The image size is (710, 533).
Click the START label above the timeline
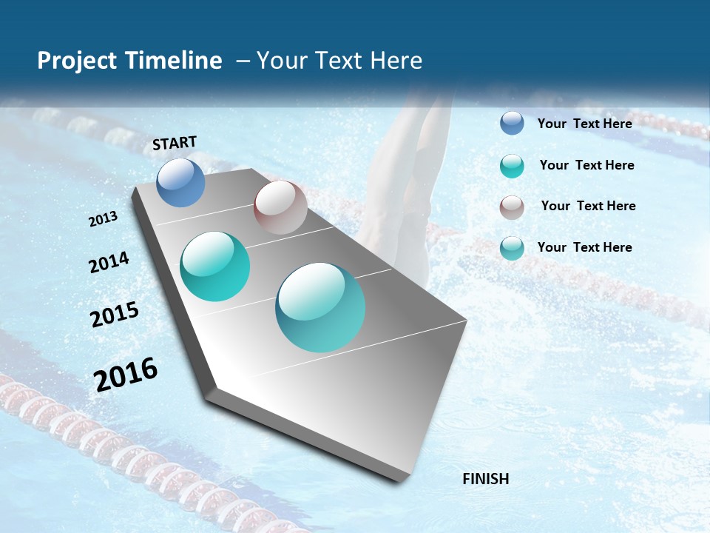[175, 143]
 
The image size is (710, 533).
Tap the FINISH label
[486, 479]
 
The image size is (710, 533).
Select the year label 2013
[104, 219]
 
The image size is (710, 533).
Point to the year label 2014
[109, 263]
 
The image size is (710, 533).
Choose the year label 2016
[126, 375]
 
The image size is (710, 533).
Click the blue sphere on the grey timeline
[180, 182]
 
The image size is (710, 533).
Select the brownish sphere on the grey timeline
[280, 207]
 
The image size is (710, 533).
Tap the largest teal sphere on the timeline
[320, 307]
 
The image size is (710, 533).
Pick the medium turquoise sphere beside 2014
[214, 266]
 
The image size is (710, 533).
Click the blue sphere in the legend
[512, 123]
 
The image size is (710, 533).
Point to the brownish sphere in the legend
[512, 207]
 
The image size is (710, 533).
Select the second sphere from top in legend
[512, 166]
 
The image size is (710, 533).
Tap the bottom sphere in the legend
[512, 248]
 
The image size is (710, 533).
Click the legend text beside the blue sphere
[584, 124]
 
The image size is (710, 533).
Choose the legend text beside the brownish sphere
[588, 206]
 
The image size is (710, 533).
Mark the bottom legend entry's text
[584, 247]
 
